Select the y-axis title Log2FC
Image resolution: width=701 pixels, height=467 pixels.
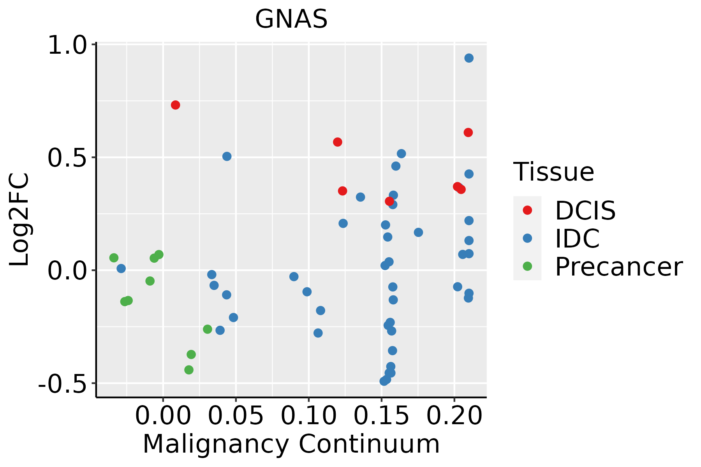(19, 220)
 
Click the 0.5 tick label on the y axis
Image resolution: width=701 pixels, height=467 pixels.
(67, 158)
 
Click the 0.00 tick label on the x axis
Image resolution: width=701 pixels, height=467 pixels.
(163, 416)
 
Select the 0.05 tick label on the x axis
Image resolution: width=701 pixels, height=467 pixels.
(236, 416)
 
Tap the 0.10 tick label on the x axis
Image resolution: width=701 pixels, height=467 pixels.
(308, 416)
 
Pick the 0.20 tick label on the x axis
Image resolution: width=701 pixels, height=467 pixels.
(454, 416)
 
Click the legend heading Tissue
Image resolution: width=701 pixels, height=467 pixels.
(554, 172)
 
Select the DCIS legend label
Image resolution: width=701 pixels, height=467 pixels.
(585, 211)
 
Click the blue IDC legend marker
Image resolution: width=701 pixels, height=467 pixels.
(527, 238)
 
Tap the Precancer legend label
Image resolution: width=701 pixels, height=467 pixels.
(618, 267)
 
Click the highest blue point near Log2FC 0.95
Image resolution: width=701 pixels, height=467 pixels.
(469, 58)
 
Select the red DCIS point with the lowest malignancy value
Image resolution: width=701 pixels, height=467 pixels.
(175, 105)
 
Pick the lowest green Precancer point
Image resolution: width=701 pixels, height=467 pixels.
(189, 370)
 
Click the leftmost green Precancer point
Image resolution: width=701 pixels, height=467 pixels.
(114, 258)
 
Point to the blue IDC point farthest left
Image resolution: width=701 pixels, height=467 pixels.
(121, 269)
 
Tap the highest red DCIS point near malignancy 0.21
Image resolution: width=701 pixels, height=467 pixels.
(468, 133)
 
